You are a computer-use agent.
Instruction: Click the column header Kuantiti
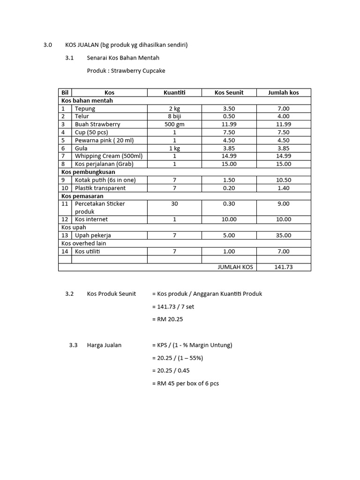coord(174,93)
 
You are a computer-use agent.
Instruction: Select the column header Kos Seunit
coord(229,93)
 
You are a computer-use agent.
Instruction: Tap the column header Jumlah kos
coord(283,93)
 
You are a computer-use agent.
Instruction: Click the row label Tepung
coord(85,109)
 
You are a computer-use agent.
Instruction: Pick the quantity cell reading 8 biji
coord(174,116)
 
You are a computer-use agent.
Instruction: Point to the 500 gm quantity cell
coord(174,124)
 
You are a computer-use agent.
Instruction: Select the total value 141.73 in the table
coord(283,267)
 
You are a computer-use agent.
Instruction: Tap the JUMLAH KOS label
coord(235,267)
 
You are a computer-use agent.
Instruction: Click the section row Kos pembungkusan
coord(88,172)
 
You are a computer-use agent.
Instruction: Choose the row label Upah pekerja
coord(93,235)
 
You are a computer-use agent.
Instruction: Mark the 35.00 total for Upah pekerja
coord(283,235)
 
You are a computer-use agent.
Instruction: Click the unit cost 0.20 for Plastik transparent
coord(229,188)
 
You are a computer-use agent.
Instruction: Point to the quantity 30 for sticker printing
coord(174,204)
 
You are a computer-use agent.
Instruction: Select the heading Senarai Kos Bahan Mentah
coord(123,58)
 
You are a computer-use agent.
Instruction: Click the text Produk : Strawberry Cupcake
coord(126,71)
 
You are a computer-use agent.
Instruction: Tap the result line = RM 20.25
coord(167,319)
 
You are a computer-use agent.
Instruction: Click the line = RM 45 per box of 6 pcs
coord(185,383)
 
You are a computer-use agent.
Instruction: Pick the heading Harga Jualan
coord(104,345)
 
